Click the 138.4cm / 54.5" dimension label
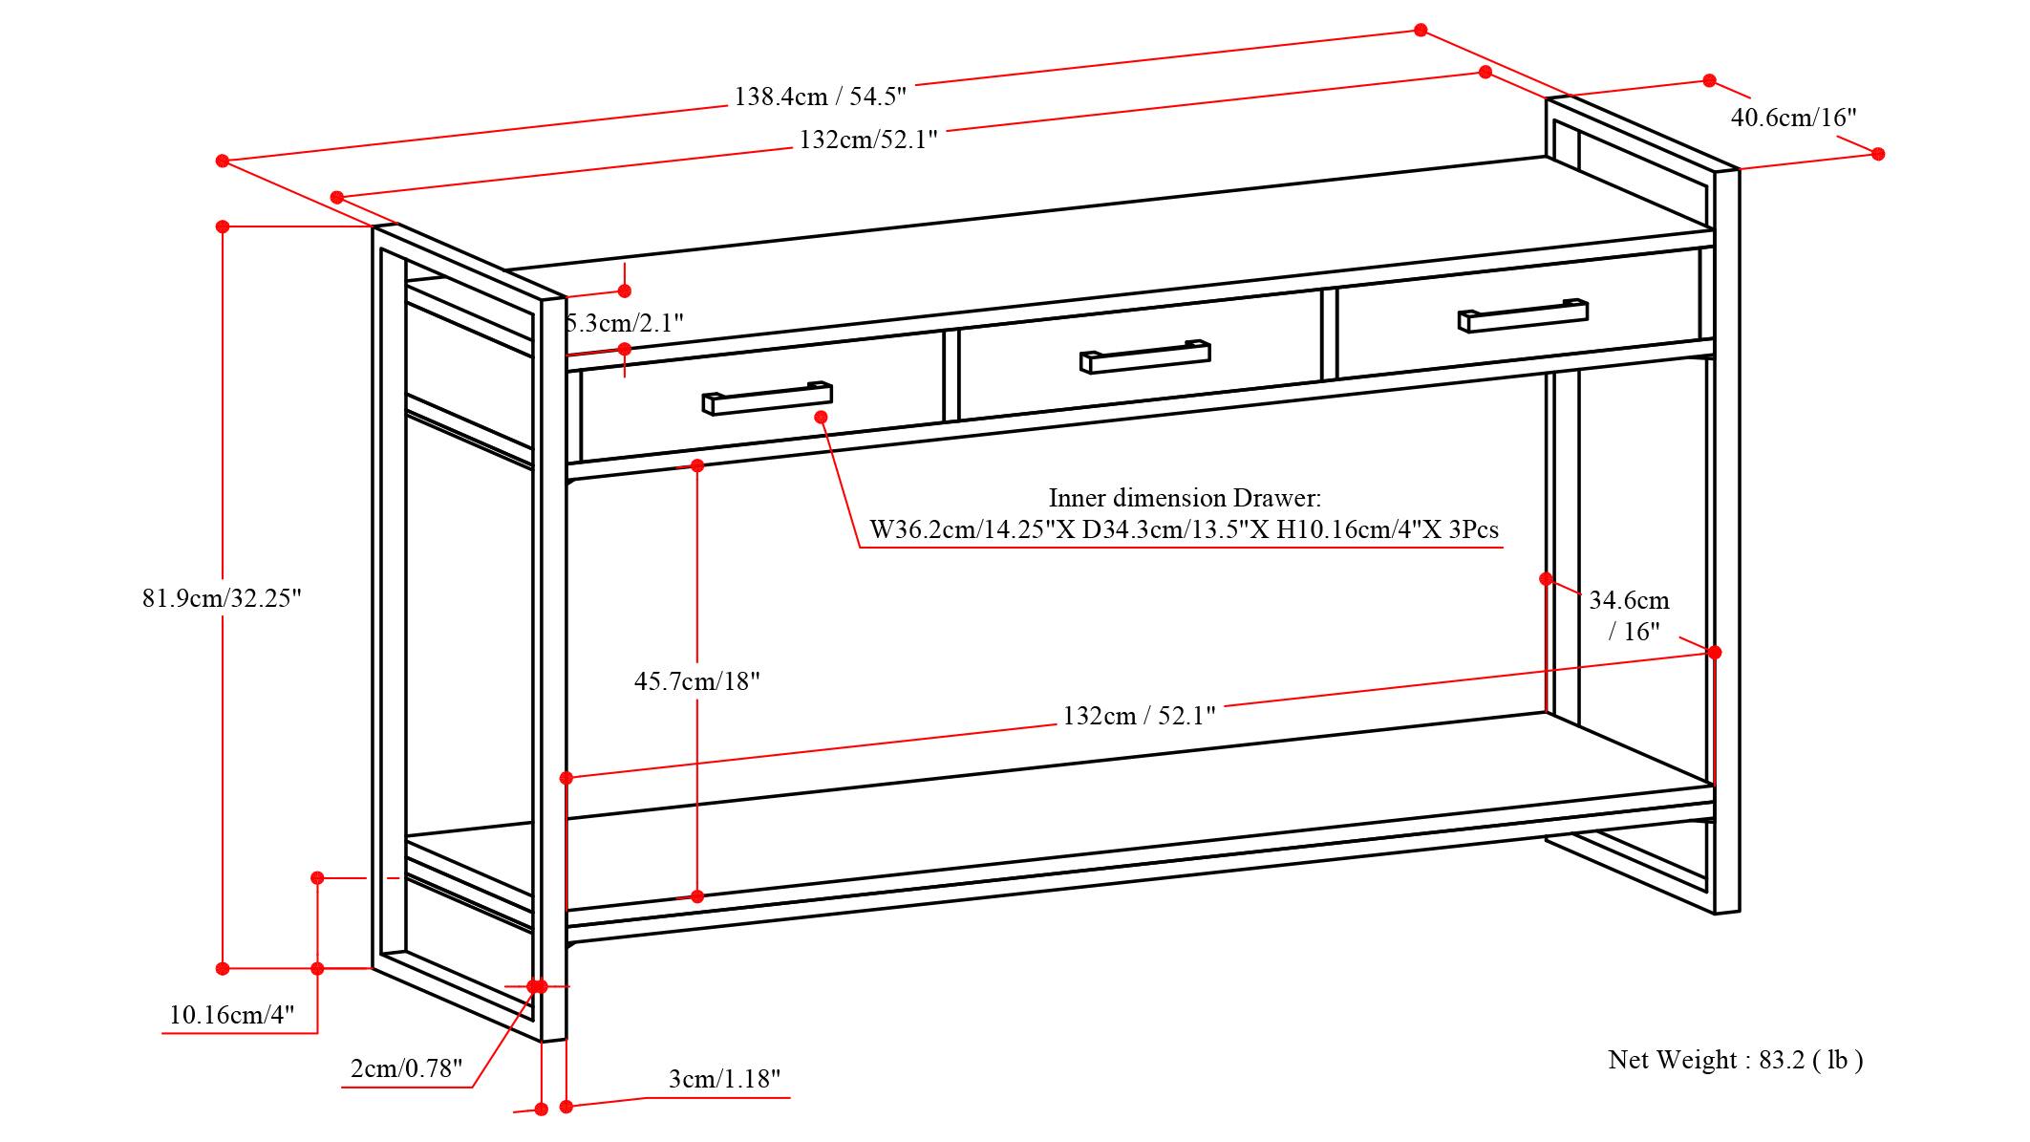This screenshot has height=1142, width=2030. tap(820, 96)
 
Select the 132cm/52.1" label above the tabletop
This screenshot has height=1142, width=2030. tap(867, 140)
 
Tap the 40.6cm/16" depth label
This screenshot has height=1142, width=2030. tap(1793, 118)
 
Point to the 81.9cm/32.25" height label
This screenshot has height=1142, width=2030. tap(222, 598)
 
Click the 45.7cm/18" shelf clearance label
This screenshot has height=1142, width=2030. tap(696, 681)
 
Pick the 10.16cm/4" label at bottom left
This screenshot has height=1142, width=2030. tap(231, 1014)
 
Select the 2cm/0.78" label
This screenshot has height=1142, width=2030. tap(406, 1067)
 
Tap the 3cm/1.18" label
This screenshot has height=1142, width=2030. tap(724, 1079)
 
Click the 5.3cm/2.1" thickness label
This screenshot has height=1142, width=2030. tap(626, 322)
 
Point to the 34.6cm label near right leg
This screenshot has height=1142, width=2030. tap(1629, 601)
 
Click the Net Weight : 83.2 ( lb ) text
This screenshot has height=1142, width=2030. tap(1735, 1059)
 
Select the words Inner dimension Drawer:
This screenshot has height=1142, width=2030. tap(1185, 498)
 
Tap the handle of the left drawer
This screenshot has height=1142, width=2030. tap(767, 399)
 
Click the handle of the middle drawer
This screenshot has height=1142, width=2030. tap(1144, 356)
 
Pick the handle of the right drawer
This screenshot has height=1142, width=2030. tap(1523, 315)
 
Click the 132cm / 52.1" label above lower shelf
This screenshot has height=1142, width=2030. tap(1139, 716)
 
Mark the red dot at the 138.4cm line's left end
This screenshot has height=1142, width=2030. tap(223, 161)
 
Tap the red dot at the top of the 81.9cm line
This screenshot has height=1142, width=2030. tap(223, 226)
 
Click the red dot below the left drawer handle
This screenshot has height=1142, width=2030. tap(821, 417)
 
